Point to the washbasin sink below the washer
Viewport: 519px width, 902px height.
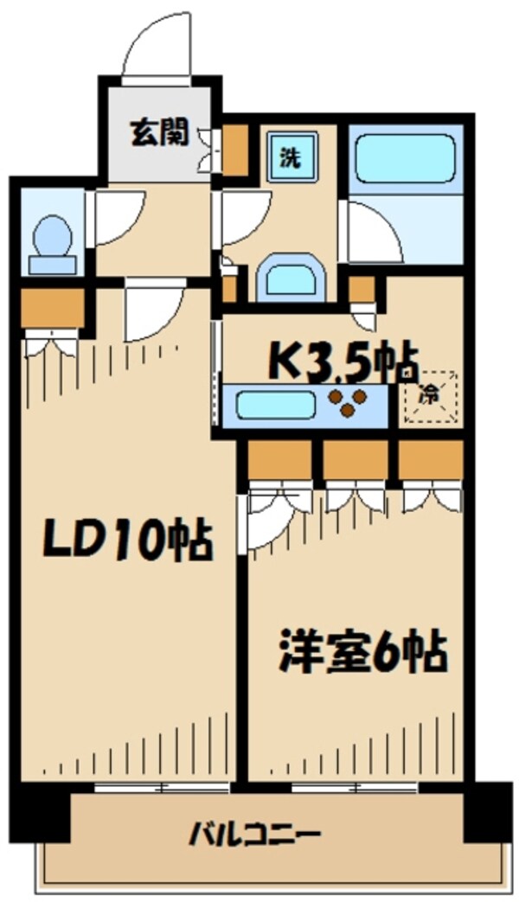292,278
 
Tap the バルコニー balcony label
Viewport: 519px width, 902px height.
255,835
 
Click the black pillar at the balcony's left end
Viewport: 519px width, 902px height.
41,811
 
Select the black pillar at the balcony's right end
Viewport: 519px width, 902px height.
487,810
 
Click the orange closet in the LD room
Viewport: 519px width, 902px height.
51,307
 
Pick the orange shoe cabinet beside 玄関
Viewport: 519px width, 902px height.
234,150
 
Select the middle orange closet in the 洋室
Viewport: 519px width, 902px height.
356,460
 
